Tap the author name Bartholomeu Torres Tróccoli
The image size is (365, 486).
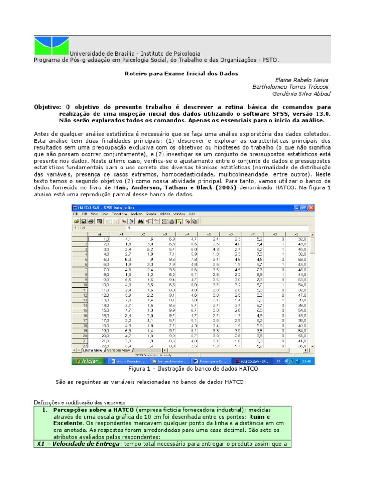tap(290, 87)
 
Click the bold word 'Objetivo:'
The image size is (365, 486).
tap(48, 107)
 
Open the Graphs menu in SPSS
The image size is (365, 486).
tap(151, 214)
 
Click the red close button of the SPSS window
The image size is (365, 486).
tap(311, 207)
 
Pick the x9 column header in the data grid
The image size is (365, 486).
tap(296, 234)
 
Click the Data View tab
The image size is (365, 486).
tap(93, 350)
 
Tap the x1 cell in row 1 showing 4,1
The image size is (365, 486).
tap(121, 239)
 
